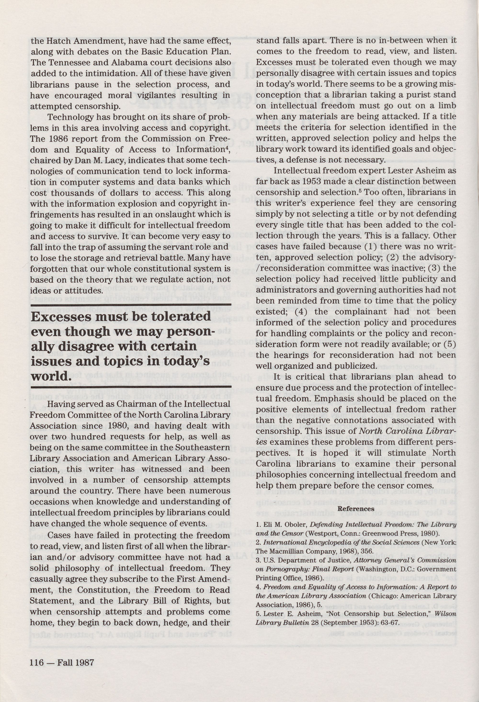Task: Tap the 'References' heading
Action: point(355,509)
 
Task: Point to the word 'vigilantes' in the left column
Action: point(154,96)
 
